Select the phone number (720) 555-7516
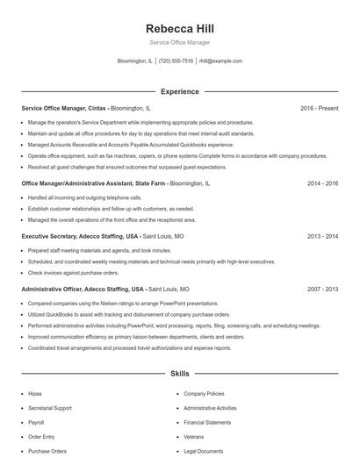[x=176, y=61]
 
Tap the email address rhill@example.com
[x=220, y=61]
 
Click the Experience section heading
[x=179, y=91]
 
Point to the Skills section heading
[x=179, y=374]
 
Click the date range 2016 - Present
[x=319, y=108]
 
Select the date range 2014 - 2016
[x=322, y=184]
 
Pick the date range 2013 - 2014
[x=322, y=237]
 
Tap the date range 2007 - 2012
[x=322, y=289]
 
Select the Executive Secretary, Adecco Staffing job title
[x=79, y=237]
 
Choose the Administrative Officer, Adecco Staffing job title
[x=83, y=289]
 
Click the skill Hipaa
[x=35, y=394]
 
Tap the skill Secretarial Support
[x=50, y=408]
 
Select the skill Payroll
[x=37, y=422]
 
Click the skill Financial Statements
[x=207, y=422]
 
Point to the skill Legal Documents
[x=205, y=451]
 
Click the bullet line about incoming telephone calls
[x=79, y=198]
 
